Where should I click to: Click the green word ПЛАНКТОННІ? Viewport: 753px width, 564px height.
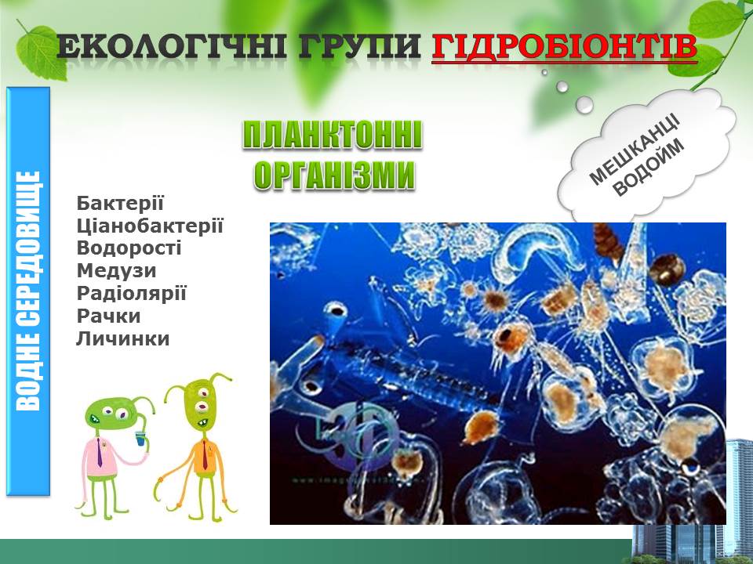(333, 136)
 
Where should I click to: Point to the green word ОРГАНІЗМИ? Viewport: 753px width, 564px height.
(335, 175)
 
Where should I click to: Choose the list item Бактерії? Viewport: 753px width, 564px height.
(120, 203)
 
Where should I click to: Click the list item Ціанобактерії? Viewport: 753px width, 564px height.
(150, 226)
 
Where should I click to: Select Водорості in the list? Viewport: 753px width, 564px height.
(129, 248)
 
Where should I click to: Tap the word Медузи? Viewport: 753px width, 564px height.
(117, 271)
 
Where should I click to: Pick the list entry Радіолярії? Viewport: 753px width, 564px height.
(131, 294)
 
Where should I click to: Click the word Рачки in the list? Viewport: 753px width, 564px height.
(108, 316)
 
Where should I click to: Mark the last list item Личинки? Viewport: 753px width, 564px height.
(123, 338)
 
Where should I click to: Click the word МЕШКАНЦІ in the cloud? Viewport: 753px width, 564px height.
(634, 149)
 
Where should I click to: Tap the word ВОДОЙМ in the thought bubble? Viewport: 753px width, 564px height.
(649, 168)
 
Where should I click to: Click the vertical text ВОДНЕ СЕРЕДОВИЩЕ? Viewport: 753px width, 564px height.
(28, 291)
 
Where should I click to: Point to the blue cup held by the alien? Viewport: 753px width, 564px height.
(140, 438)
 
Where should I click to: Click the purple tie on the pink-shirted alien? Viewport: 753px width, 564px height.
(100, 452)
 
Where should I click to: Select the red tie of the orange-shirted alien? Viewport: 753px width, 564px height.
(205, 456)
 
